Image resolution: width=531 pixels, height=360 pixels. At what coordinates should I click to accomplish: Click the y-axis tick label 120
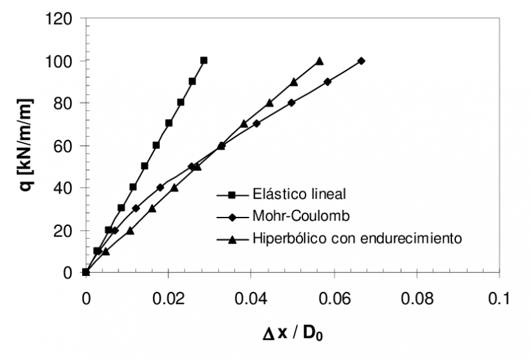(x=59, y=18)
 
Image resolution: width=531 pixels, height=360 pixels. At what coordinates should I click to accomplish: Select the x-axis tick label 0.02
(x=168, y=300)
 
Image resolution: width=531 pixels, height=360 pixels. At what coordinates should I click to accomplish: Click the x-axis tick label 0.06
(x=333, y=300)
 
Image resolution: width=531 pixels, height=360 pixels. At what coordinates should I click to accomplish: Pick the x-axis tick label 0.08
(x=416, y=300)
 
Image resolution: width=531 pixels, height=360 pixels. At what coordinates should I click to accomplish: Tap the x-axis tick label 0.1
(x=499, y=300)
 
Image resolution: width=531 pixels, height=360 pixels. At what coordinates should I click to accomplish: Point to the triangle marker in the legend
(x=231, y=238)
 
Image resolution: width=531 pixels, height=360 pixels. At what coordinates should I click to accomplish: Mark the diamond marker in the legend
(x=231, y=215)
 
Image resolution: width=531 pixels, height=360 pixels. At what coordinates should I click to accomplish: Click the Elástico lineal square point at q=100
(x=204, y=60)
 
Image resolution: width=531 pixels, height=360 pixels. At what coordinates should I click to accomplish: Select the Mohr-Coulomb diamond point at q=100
(x=361, y=61)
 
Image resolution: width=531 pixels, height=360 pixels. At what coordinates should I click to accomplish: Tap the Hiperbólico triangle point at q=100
(x=319, y=61)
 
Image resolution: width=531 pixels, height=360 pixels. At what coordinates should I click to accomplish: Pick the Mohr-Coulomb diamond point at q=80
(x=291, y=102)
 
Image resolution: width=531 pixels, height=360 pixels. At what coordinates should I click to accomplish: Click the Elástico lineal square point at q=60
(x=156, y=145)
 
